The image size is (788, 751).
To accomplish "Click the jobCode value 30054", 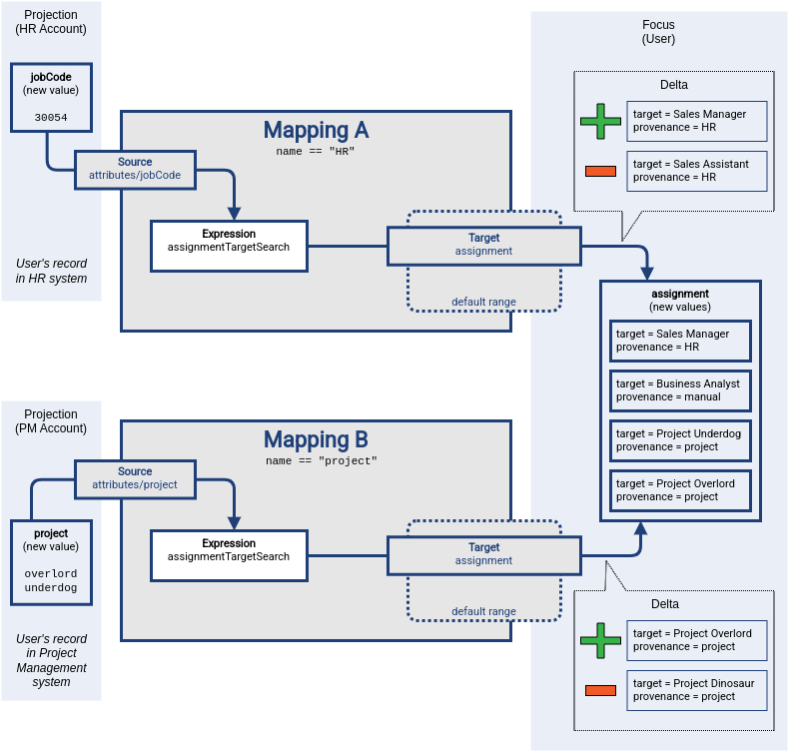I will [50, 117].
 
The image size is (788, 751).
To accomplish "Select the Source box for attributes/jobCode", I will [135, 168].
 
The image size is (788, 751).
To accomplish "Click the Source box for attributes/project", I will [135, 477].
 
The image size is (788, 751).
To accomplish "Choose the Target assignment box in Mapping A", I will [483, 245].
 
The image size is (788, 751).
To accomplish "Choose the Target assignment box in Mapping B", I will [483, 554].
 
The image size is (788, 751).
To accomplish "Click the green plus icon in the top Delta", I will [600, 121].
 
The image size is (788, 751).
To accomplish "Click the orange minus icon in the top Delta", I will [600, 171].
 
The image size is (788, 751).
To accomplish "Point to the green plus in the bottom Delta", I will [600, 640].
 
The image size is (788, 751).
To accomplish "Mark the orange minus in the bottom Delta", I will [600, 690].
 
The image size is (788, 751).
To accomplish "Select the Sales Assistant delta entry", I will [696, 171].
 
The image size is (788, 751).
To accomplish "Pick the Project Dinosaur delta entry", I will [696, 690].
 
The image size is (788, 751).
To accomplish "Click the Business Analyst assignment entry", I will [680, 390].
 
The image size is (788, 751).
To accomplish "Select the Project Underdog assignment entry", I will [680, 440].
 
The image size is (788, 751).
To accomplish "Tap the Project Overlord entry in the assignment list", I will [680, 490].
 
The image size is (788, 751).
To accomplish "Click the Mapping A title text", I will [316, 130].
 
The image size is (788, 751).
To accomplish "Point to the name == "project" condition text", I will [321, 461].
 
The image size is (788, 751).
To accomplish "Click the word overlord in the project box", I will [51, 574].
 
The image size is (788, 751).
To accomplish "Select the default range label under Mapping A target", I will [483, 302].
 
